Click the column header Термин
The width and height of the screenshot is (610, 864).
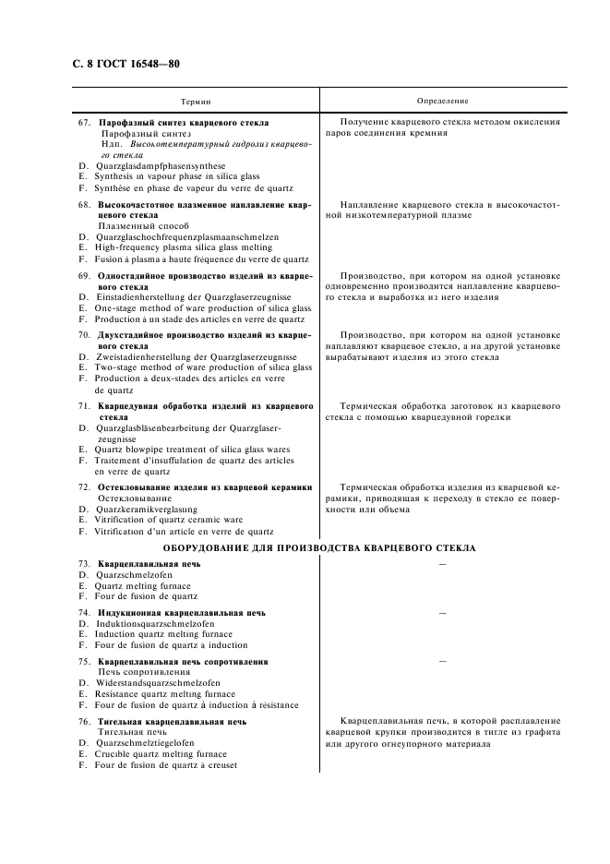(x=195, y=100)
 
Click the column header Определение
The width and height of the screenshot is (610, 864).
(x=443, y=100)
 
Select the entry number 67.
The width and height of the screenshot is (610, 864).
(x=84, y=122)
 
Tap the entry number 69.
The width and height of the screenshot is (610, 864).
(x=84, y=275)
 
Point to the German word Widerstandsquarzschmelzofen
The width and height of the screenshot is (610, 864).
(x=158, y=684)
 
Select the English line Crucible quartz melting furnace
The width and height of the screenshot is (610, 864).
(x=161, y=754)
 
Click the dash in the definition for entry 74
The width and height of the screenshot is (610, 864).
(x=442, y=612)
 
